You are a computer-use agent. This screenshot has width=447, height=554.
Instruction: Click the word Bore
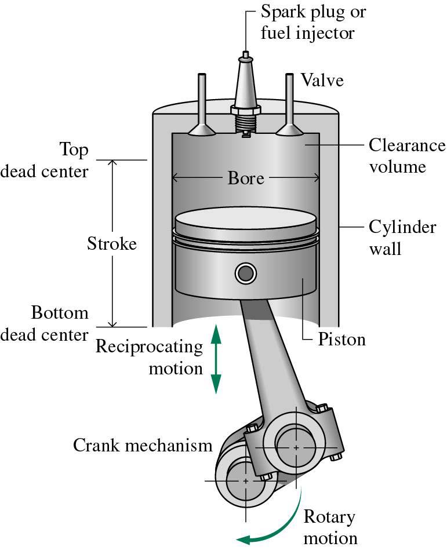coord(246,178)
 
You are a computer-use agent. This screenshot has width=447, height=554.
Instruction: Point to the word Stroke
coord(112,243)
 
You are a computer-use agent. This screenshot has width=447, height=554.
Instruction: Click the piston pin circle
coord(245,272)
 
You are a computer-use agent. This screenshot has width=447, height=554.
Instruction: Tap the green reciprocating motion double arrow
coord(216,359)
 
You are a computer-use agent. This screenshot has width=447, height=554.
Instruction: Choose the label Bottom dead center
coord(60,324)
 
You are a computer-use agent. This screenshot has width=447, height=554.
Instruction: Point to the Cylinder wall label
coord(402,238)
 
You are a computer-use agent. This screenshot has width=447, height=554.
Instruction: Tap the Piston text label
coord(342,339)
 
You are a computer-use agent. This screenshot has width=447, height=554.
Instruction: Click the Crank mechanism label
coord(143,446)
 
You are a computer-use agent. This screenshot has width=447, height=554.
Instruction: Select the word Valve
coord(322,80)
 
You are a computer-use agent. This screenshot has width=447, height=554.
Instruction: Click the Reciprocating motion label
coord(150,357)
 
